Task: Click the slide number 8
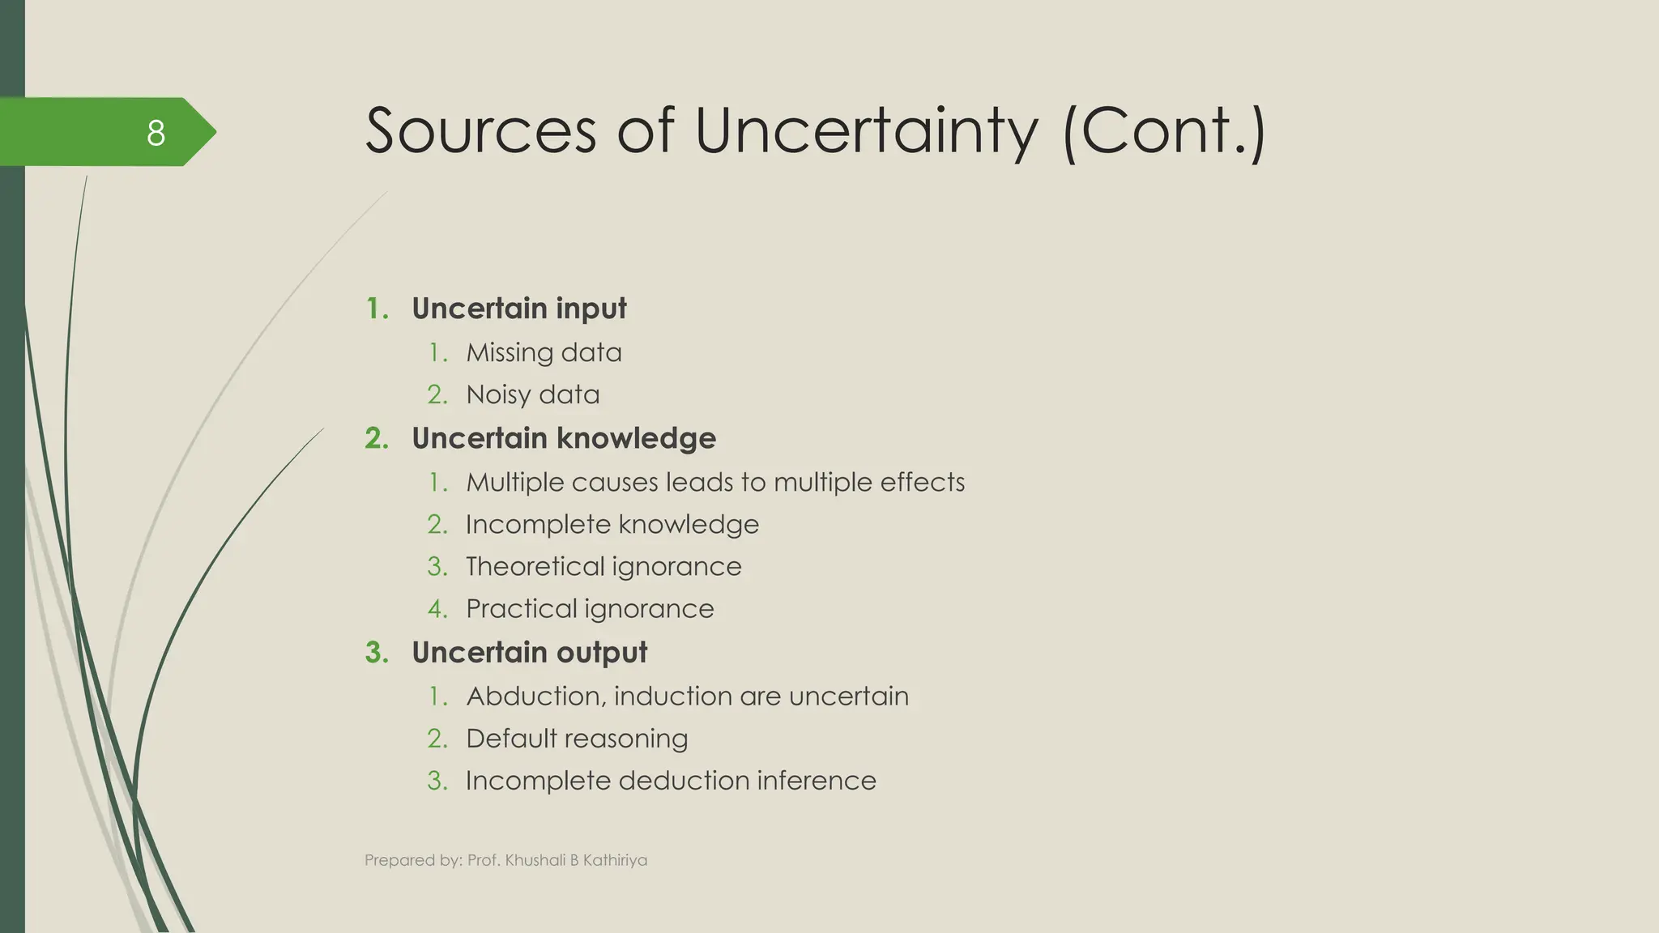156,133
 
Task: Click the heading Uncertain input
518,309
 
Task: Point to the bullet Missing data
544,352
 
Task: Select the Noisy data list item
532,394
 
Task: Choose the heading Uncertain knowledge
563,438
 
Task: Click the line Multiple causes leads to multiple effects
715,482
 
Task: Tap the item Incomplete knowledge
612,524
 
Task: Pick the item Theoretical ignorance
603,566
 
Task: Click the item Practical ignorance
590,608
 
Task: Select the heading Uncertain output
529,652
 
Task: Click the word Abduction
535,696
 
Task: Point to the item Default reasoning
577,738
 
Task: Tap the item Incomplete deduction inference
671,780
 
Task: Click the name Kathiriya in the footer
615,860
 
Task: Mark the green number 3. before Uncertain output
377,652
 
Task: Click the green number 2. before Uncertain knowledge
377,438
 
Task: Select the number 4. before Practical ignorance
437,608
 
